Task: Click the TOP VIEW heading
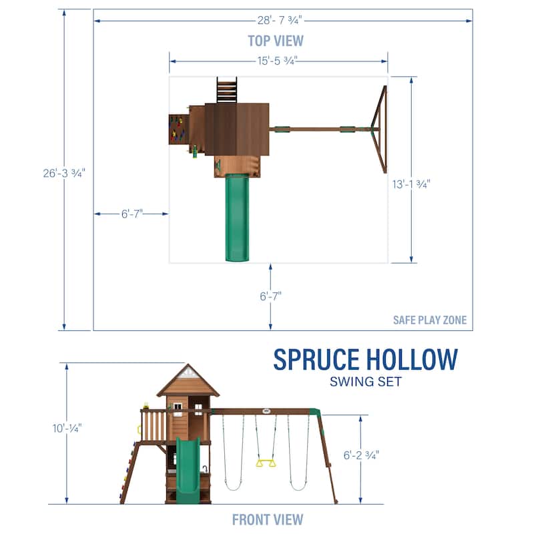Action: coord(276,41)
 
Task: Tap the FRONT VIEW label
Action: coord(267,519)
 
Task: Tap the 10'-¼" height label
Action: coord(67,427)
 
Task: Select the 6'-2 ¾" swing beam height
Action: coord(360,455)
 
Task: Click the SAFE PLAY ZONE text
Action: coord(430,320)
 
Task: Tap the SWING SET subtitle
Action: coord(366,382)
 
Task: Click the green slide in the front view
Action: coord(188,467)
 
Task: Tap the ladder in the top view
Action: coord(226,90)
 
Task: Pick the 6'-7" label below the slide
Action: coord(270,296)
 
